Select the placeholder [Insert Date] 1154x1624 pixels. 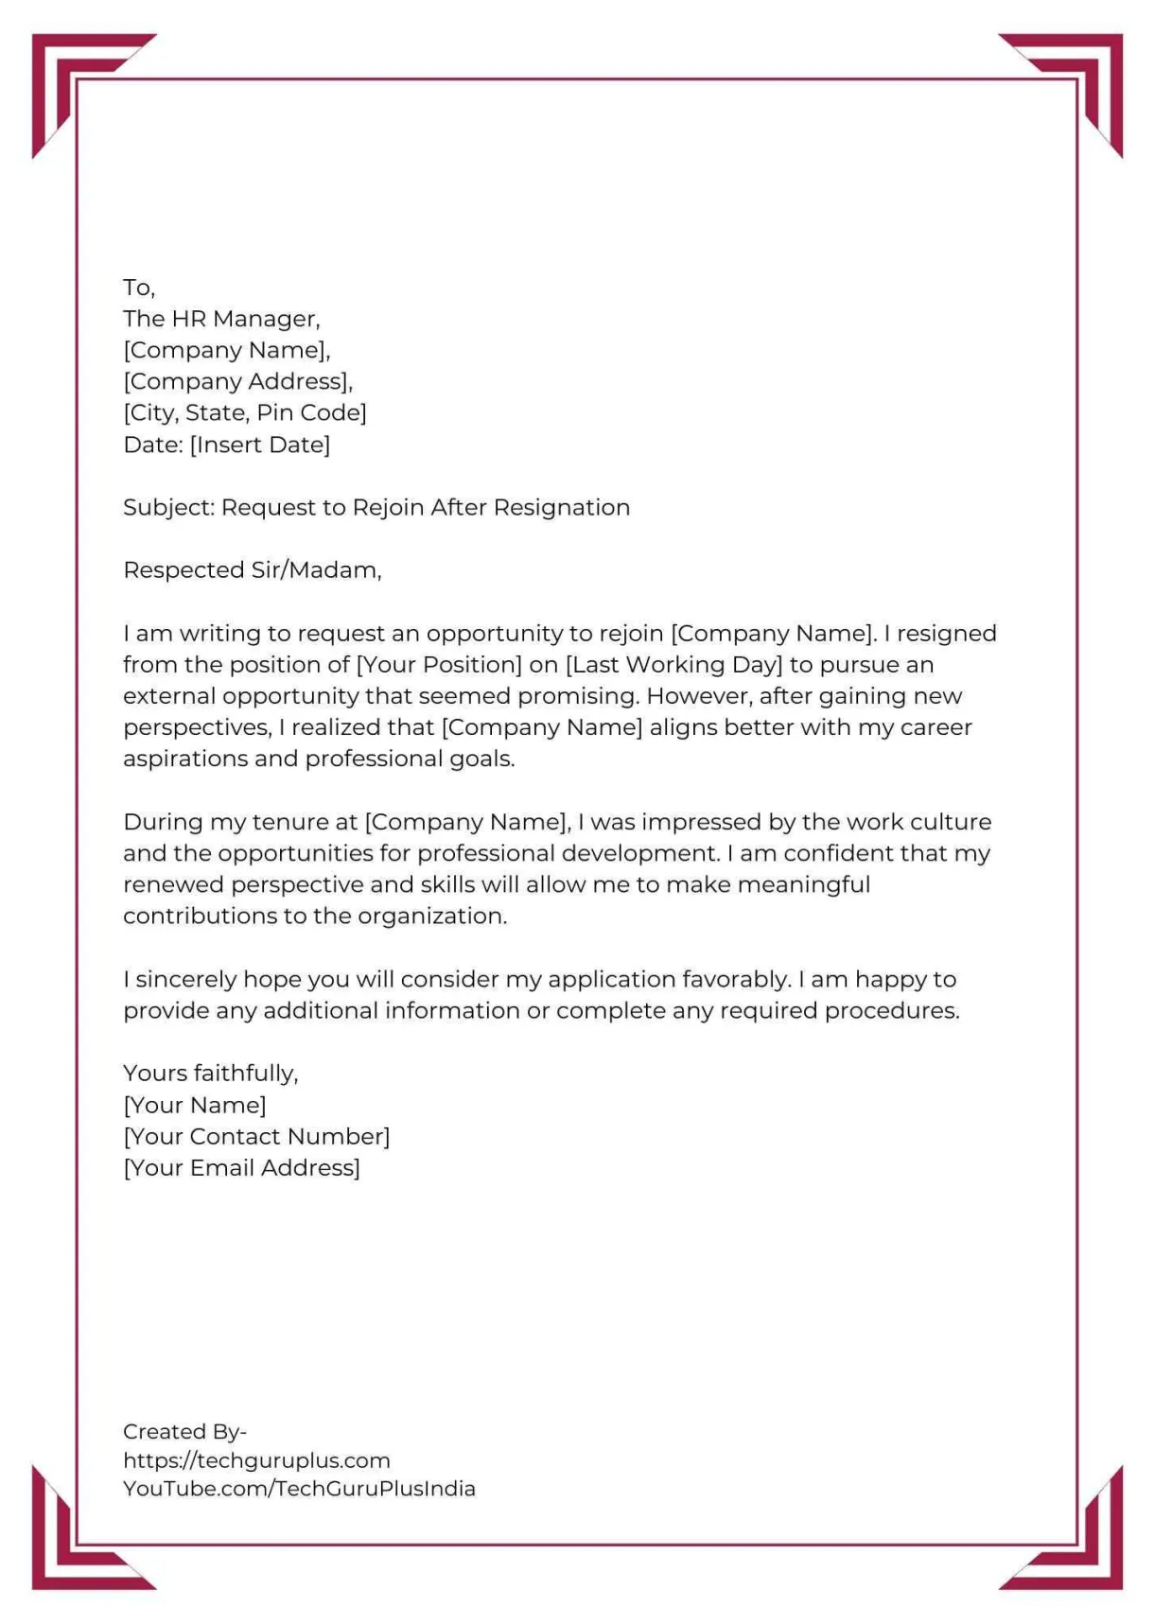pos(260,445)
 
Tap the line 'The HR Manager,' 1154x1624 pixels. pos(221,319)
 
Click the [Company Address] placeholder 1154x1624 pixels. pos(237,381)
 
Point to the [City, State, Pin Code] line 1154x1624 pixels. pos(245,413)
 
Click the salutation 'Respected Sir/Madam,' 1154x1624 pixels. pos(253,570)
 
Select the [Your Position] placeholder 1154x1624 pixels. pos(439,665)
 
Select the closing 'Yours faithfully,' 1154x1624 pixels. pos(211,1074)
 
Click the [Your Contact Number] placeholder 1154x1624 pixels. pos(256,1136)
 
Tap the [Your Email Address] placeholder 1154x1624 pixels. pos(241,1168)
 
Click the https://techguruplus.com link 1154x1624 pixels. pos(256,1460)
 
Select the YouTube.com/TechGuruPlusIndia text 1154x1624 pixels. pos(299,1489)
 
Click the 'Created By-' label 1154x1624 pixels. pos(184,1431)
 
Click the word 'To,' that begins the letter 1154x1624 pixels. pos(138,288)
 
